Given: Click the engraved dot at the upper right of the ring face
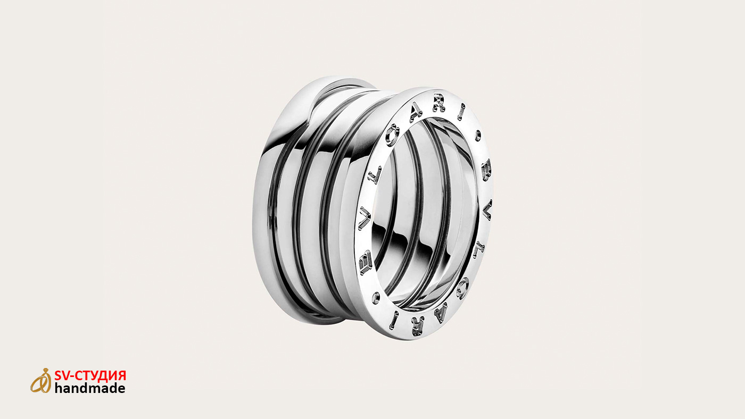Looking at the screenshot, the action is [478, 136].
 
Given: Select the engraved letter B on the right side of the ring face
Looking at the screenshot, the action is [486, 170].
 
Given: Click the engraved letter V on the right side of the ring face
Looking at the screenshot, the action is [487, 209].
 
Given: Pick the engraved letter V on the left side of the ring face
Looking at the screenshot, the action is [365, 217].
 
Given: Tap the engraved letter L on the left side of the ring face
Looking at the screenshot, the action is [375, 174].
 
